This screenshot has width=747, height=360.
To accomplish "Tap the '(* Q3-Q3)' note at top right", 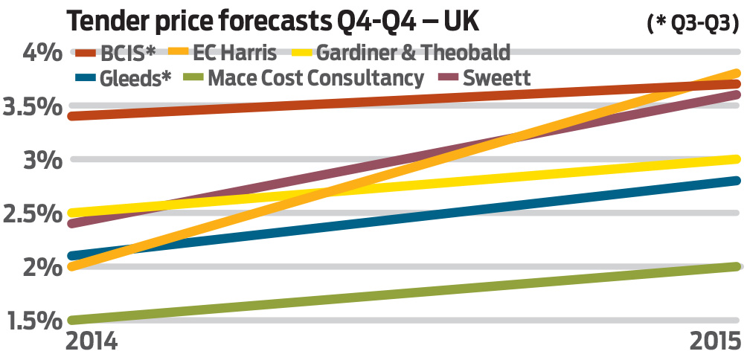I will tap(693, 23).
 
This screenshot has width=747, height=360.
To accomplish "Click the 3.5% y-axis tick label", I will tap(31, 106).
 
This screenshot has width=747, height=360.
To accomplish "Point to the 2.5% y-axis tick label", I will tap(31, 213).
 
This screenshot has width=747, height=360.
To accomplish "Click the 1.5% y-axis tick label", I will tap(31, 321).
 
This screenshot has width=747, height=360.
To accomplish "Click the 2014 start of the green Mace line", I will tap(71, 320).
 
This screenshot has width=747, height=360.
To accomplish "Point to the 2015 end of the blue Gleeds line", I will tap(736, 181).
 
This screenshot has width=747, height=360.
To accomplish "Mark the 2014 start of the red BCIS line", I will tap(71, 116).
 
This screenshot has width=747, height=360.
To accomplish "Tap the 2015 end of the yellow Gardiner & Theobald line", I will tap(736, 159).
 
